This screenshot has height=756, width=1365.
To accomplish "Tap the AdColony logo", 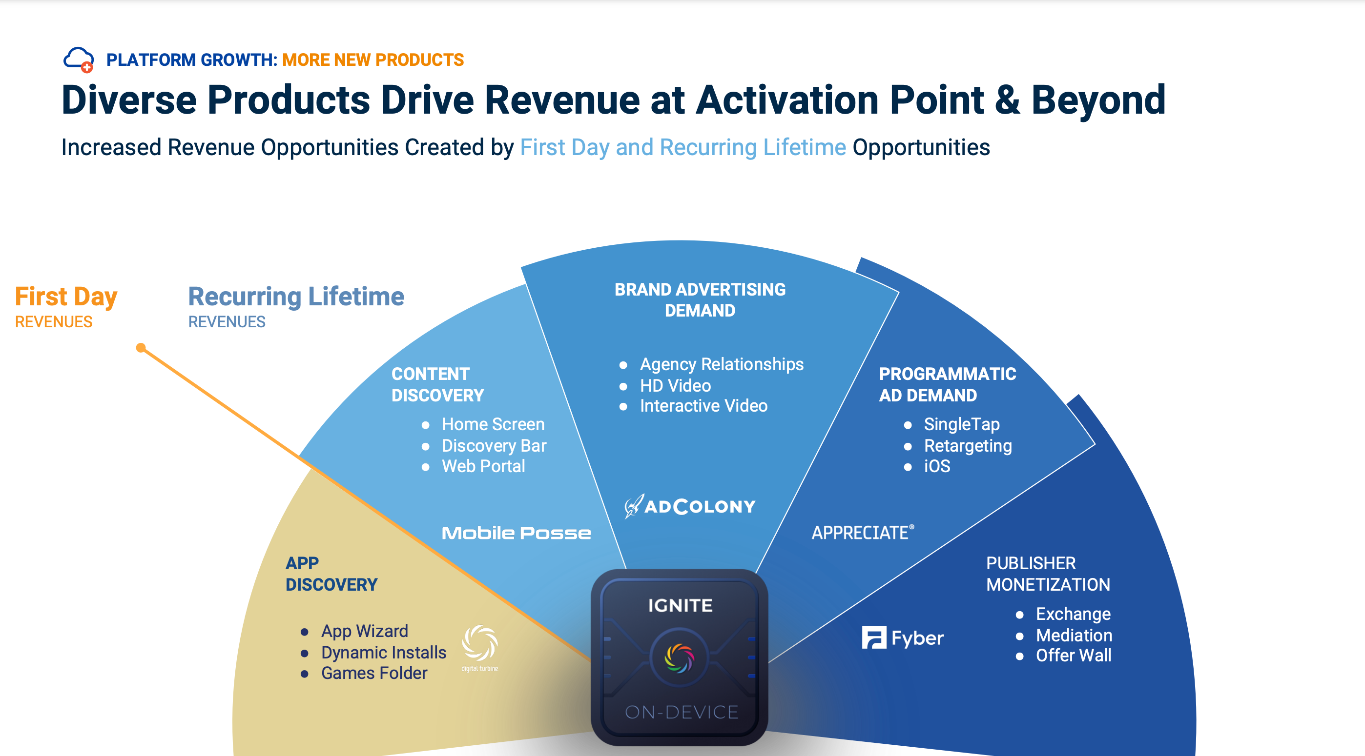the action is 690,506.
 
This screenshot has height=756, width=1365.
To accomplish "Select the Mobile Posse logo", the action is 516,533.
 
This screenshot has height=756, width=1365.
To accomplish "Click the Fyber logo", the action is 902,637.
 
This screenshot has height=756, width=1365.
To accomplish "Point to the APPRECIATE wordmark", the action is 863,533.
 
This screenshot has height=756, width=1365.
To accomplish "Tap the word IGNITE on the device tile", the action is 680,605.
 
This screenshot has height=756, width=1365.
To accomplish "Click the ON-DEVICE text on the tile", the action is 682,712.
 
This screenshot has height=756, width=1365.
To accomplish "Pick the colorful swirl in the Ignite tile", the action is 679,658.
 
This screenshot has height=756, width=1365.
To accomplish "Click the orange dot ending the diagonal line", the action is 141,348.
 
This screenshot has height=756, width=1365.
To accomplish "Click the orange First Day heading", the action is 66,297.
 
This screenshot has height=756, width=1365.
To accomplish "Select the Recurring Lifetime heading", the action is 296,297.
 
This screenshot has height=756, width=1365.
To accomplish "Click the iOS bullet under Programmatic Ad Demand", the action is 937,466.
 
